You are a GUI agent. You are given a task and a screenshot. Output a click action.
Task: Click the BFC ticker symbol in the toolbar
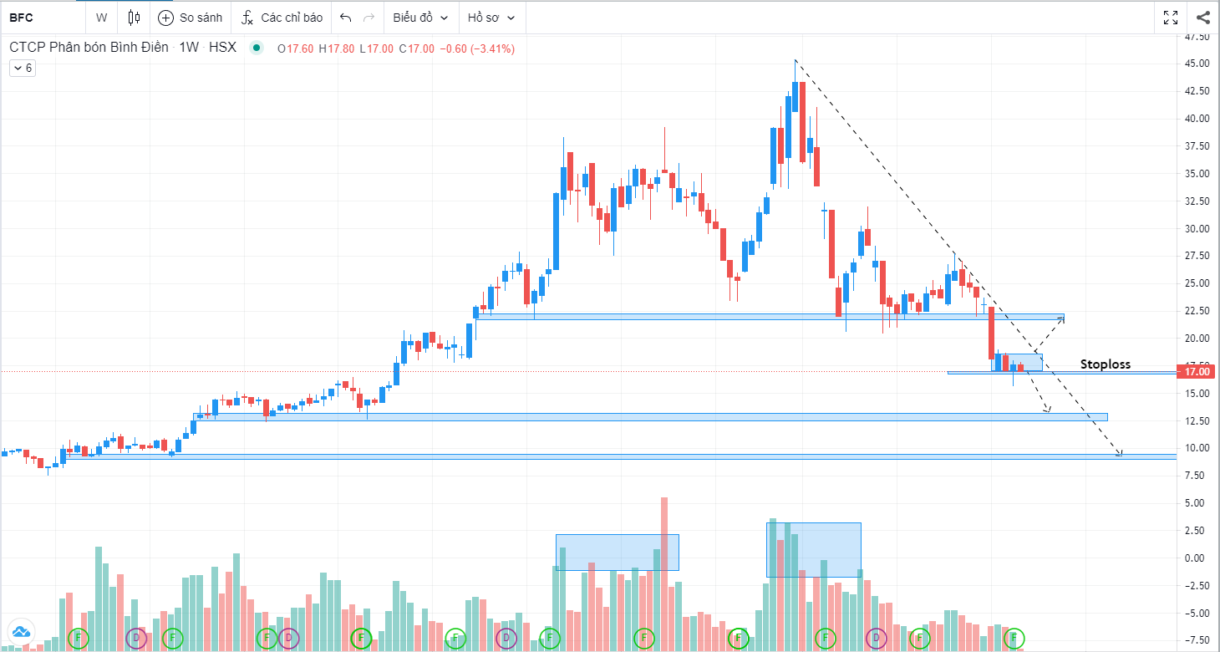[x=21, y=18]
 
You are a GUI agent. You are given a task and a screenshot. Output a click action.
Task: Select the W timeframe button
[x=101, y=18]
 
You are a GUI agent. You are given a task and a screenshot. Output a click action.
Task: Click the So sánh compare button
[x=190, y=18]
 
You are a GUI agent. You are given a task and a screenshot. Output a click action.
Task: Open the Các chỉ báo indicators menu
[x=282, y=18]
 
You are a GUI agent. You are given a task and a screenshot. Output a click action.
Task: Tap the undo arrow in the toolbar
[x=346, y=18]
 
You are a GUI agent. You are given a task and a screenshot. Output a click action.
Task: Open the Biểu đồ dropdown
[x=420, y=18]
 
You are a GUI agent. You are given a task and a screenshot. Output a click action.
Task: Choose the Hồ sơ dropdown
[x=491, y=18]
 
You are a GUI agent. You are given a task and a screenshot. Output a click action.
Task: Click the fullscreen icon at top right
[x=1171, y=18]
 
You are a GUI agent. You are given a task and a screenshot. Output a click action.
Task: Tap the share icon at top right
[x=1203, y=18]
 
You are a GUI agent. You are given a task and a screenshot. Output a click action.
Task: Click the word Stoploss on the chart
[x=1105, y=364]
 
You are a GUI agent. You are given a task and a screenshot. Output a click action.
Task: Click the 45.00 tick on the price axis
[x=1197, y=64]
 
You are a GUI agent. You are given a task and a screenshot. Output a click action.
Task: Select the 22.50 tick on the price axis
[x=1197, y=311]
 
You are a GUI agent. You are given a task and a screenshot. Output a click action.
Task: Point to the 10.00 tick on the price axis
[x=1197, y=448]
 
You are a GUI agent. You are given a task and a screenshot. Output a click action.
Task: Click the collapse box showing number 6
[x=22, y=69]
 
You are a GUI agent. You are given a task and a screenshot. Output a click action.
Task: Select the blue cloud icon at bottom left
[x=21, y=632]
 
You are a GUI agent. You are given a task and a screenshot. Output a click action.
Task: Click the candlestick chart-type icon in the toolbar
[x=135, y=18]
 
